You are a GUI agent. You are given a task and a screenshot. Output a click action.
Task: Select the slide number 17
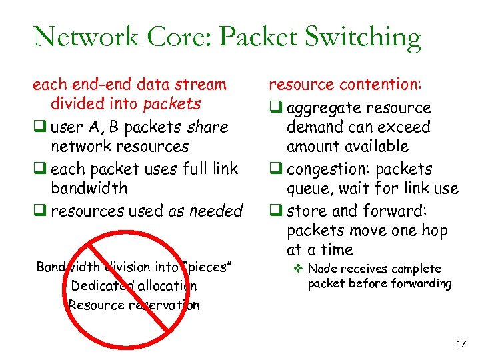pyautogui.click(x=460, y=344)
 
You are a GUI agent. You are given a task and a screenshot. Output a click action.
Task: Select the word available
pyautogui.click(x=375, y=146)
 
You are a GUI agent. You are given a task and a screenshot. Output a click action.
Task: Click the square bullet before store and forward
pyautogui.click(x=273, y=211)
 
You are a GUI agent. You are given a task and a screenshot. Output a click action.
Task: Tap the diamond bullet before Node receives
pyautogui.click(x=299, y=269)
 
